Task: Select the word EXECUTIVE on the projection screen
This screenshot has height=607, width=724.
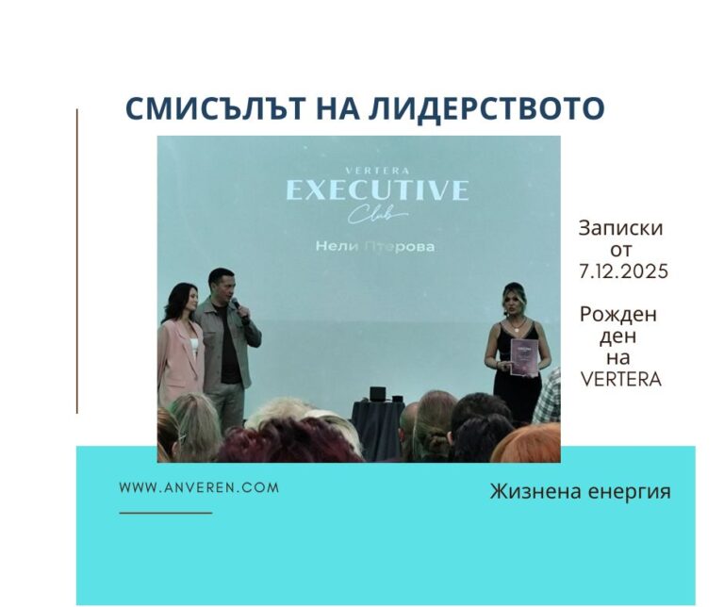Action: point(377,190)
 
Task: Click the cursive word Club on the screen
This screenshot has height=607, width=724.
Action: point(376,217)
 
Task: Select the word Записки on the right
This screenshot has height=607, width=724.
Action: point(621,228)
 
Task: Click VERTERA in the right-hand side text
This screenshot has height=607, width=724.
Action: point(622,380)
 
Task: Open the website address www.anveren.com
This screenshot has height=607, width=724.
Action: point(199,487)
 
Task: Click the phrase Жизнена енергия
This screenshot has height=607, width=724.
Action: point(580,491)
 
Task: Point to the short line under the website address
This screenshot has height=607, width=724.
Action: point(166,512)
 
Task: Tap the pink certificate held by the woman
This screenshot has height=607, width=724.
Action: point(523,358)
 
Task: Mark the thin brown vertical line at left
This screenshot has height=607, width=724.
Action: point(76,260)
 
